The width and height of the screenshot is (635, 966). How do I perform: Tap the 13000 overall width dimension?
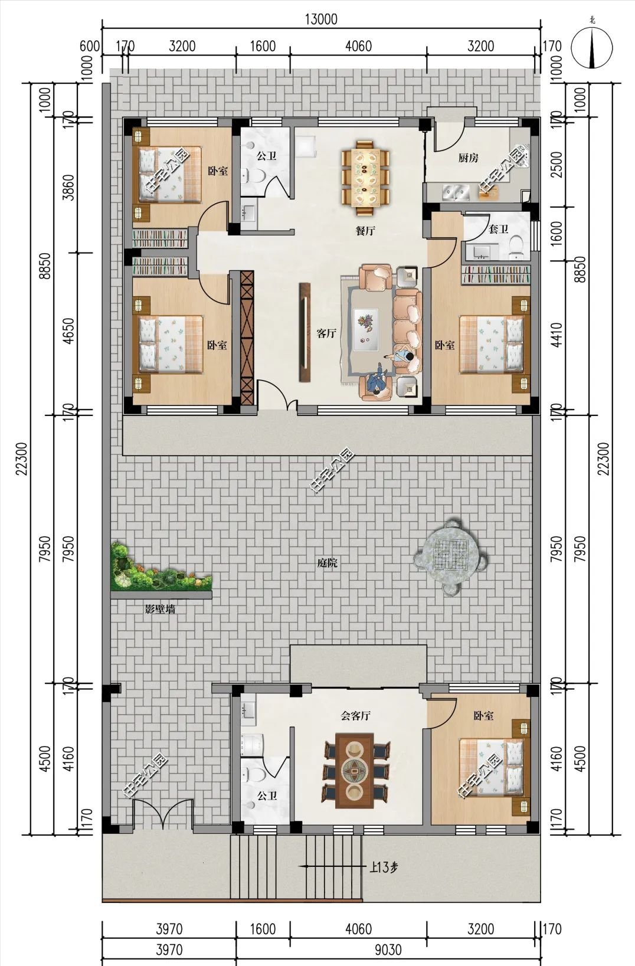[321, 19]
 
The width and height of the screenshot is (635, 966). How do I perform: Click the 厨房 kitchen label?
[468, 158]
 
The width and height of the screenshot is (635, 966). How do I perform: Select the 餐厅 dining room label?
[365, 231]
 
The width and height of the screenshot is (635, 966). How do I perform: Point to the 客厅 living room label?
[326, 333]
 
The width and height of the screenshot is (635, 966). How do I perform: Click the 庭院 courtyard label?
[327, 563]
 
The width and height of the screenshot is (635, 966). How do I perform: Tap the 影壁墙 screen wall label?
[160, 609]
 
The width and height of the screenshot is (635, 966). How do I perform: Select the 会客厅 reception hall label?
[355, 716]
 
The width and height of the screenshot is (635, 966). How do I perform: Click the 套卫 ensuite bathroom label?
[498, 229]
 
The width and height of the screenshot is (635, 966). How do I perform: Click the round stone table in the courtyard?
[451, 554]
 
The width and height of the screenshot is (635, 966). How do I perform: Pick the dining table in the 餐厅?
[365, 177]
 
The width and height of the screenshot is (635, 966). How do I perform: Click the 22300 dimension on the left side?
[22, 458]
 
